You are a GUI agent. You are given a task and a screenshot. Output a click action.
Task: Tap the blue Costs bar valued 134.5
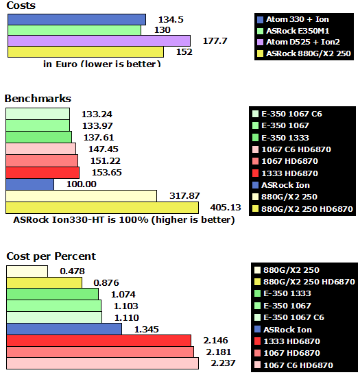pos(76,19)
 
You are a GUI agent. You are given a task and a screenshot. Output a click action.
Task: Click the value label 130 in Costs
pos(163,30)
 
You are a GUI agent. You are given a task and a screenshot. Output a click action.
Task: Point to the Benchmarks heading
pos(38,99)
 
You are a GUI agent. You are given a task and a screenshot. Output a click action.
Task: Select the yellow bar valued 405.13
pos(102,208)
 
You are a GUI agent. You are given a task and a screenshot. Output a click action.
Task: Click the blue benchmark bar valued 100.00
pos(29,184)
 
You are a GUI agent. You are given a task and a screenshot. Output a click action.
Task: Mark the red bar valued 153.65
pos(42,173)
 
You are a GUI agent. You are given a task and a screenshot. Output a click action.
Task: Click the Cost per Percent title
pos(51,256)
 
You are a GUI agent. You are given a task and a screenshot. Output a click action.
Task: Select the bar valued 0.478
pos(27,271)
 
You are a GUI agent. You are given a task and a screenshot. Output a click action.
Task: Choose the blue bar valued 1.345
pos(64,329)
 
